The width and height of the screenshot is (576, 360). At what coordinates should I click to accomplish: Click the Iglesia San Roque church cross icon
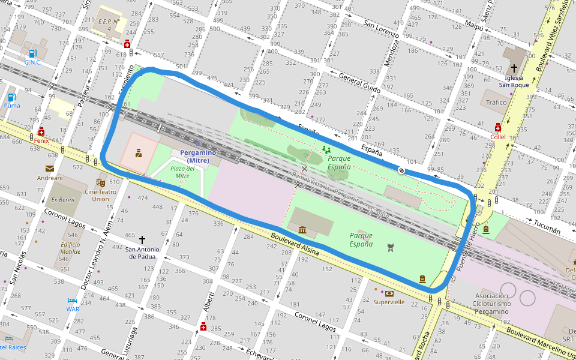pos(514,68)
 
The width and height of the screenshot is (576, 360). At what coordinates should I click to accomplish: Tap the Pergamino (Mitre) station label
pos(198,157)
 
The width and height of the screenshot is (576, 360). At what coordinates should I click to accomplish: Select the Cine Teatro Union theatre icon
pos(101,182)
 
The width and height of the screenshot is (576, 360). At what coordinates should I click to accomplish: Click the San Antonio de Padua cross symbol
pos(142,239)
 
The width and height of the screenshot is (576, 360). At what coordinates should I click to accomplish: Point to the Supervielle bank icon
pos(389,293)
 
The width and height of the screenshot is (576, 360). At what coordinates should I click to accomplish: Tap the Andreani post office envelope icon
pos(49,169)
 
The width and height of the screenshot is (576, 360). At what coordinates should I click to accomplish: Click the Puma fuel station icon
pos(11,97)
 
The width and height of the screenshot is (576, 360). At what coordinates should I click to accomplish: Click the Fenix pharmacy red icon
pos(41,131)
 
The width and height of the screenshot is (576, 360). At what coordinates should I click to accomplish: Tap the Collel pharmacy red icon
pos(498,127)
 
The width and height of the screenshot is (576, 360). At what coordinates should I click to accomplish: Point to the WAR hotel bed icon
pos(73,301)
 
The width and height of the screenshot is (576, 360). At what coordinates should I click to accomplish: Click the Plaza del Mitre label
pos(179,172)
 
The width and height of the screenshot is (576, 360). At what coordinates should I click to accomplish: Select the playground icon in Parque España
pos(326,149)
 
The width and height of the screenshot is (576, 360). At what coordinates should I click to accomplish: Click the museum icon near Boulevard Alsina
pos(302,229)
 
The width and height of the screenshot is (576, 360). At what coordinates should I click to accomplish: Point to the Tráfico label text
pos(496,103)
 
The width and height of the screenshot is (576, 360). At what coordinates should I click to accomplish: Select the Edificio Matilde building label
pos(70,248)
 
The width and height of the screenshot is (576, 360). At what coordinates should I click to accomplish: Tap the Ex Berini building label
pos(62,200)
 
